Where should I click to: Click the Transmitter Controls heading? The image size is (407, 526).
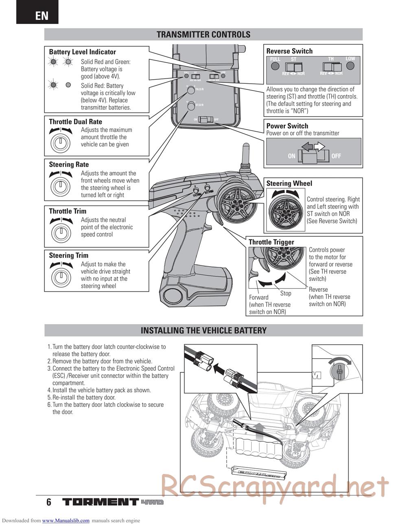pyautogui.click(x=203, y=35)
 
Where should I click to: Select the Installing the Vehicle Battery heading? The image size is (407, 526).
pyautogui.click(x=203, y=330)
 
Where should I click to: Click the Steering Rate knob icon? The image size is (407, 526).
pyautogui.click(x=60, y=185)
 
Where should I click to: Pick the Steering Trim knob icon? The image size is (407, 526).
pyautogui.click(x=60, y=276)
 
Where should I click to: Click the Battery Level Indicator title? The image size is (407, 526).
pyautogui.click(x=82, y=52)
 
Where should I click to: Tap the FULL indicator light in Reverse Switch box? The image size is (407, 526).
pyautogui.click(x=275, y=67)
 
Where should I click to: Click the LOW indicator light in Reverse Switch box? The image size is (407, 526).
pyautogui.click(x=350, y=67)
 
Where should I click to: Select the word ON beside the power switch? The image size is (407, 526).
pyautogui.click(x=291, y=156)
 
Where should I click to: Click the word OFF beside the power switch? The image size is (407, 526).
pyautogui.click(x=336, y=156)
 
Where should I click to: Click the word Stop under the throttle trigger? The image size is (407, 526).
pyautogui.click(x=286, y=293)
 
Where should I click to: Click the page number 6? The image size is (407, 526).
pyautogui.click(x=49, y=502)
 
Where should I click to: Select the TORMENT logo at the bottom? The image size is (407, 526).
pyautogui.click(x=101, y=502)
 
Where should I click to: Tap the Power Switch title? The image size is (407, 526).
pyautogui.click(x=287, y=126)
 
